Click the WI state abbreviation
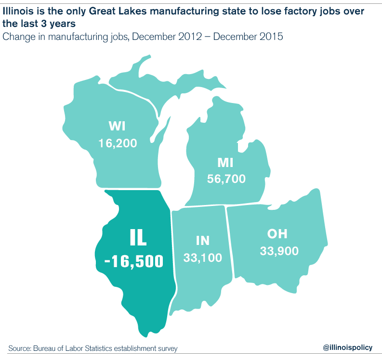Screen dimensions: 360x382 tap(117, 127)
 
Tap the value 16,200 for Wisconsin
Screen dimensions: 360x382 tap(118, 143)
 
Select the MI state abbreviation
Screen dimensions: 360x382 tap(225, 163)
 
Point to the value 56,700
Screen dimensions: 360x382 tap(226, 179)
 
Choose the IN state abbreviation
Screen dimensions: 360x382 tap(203, 241)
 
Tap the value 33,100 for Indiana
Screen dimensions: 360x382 tap(203, 257)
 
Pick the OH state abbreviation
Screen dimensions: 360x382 tap(277, 234)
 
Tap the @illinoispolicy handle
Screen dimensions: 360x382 tap(348, 347)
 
